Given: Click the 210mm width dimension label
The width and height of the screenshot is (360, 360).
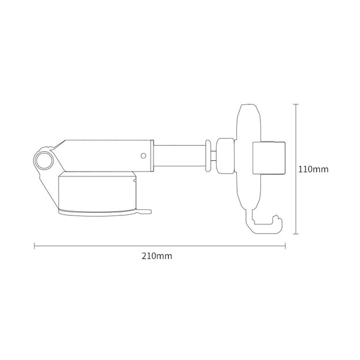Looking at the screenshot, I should pos(157,256).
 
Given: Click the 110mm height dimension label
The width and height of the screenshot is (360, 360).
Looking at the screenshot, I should pos(313,169).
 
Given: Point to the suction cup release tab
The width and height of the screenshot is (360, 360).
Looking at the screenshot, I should pos(146,210).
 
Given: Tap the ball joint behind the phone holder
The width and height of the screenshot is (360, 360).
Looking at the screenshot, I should pos(226,155).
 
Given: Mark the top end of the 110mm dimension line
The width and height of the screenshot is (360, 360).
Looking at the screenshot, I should pos(295,104).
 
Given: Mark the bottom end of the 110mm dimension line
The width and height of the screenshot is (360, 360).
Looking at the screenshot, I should pos(295,233).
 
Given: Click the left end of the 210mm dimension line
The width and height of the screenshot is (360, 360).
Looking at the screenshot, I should pos(34,245).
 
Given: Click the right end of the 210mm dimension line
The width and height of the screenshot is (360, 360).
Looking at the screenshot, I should pos(285,245).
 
